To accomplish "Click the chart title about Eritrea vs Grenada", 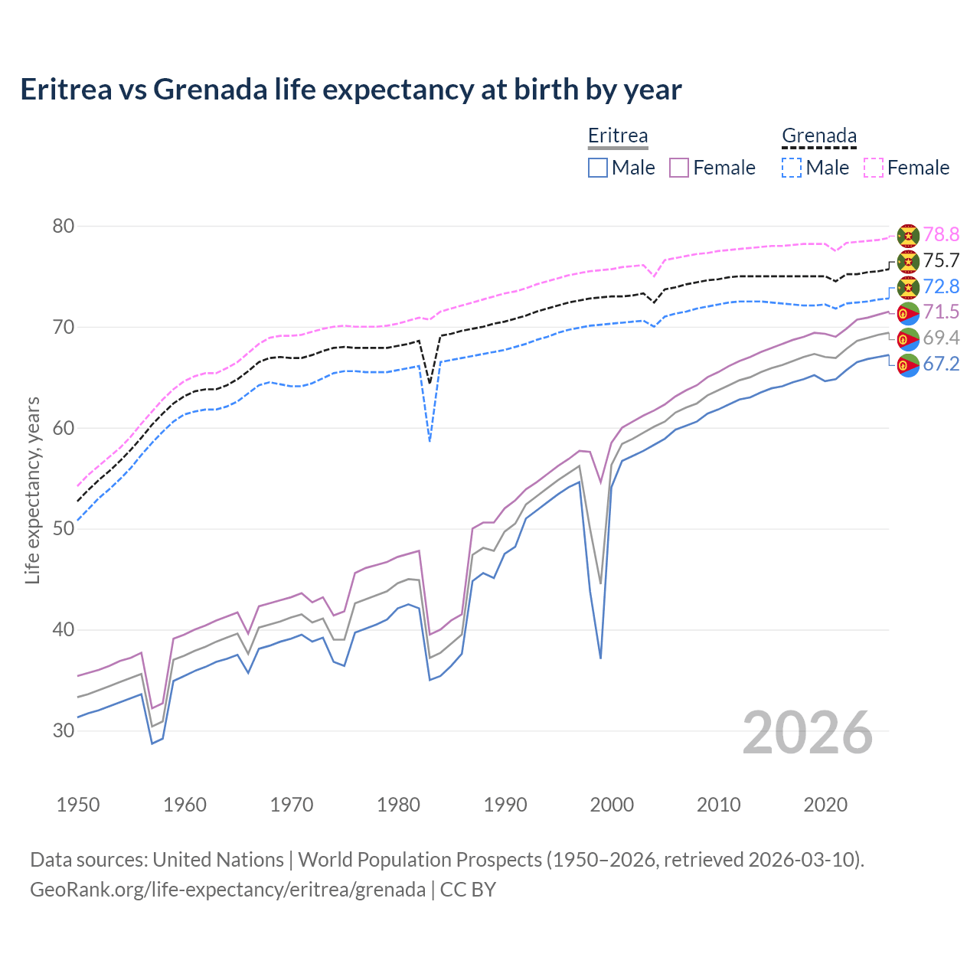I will click(x=351, y=90).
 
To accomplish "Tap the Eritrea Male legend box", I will click(x=598, y=168).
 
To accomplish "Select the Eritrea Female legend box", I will click(x=679, y=168).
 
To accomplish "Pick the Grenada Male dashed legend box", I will click(x=792, y=168).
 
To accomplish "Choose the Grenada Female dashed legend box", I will click(x=874, y=168).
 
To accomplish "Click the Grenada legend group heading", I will click(x=818, y=136).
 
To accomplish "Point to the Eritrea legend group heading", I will click(x=618, y=136).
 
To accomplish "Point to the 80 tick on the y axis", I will click(x=64, y=226).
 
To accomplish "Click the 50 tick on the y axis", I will click(x=64, y=529).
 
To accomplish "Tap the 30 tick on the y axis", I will click(x=64, y=730).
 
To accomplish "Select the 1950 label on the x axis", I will click(x=78, y=805).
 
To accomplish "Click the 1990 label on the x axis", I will click(x=505, y=805).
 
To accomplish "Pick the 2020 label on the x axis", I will click(x=825, y=805).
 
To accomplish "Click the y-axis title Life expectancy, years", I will click(x=32, y=490).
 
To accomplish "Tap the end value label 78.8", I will click(x=941, y=234).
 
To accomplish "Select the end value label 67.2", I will click(x=941, y=364).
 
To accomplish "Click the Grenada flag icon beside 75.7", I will click(x=908, y=261).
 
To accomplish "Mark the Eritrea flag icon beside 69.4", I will click(x=908, y=338).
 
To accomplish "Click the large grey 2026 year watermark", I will click(x=808, y=733).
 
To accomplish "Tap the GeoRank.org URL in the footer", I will click(x=227, y=890).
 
